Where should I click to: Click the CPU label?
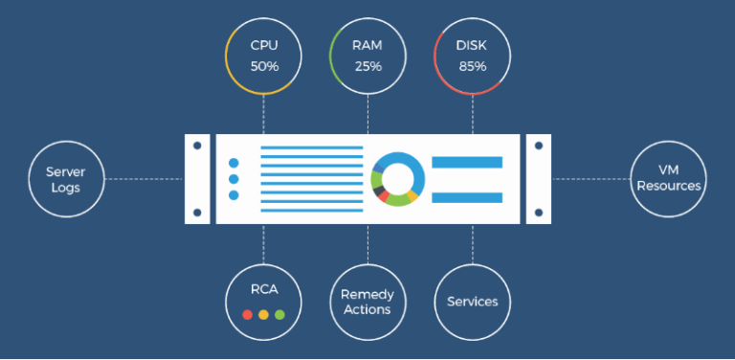point(263,45)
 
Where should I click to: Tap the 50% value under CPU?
point(263,66)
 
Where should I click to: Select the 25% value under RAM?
point(367,66)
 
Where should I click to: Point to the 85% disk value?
point(473,66)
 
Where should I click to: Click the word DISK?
point(473,45)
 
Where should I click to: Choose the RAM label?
point(367,45)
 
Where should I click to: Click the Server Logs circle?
point(66,179)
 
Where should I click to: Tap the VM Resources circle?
point(669,179)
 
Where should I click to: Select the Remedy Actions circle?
point(367,302)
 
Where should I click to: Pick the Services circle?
point(472,302)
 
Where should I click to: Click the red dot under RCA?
point(247,314)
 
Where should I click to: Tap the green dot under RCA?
point(279,314)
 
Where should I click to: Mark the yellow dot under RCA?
point(263,314)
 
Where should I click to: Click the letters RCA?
point(263,290)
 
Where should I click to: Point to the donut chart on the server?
point(397,178)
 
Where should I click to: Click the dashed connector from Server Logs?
point(144,179)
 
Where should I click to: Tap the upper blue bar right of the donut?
point(467,162)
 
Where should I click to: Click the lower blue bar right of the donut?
point(467,197)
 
